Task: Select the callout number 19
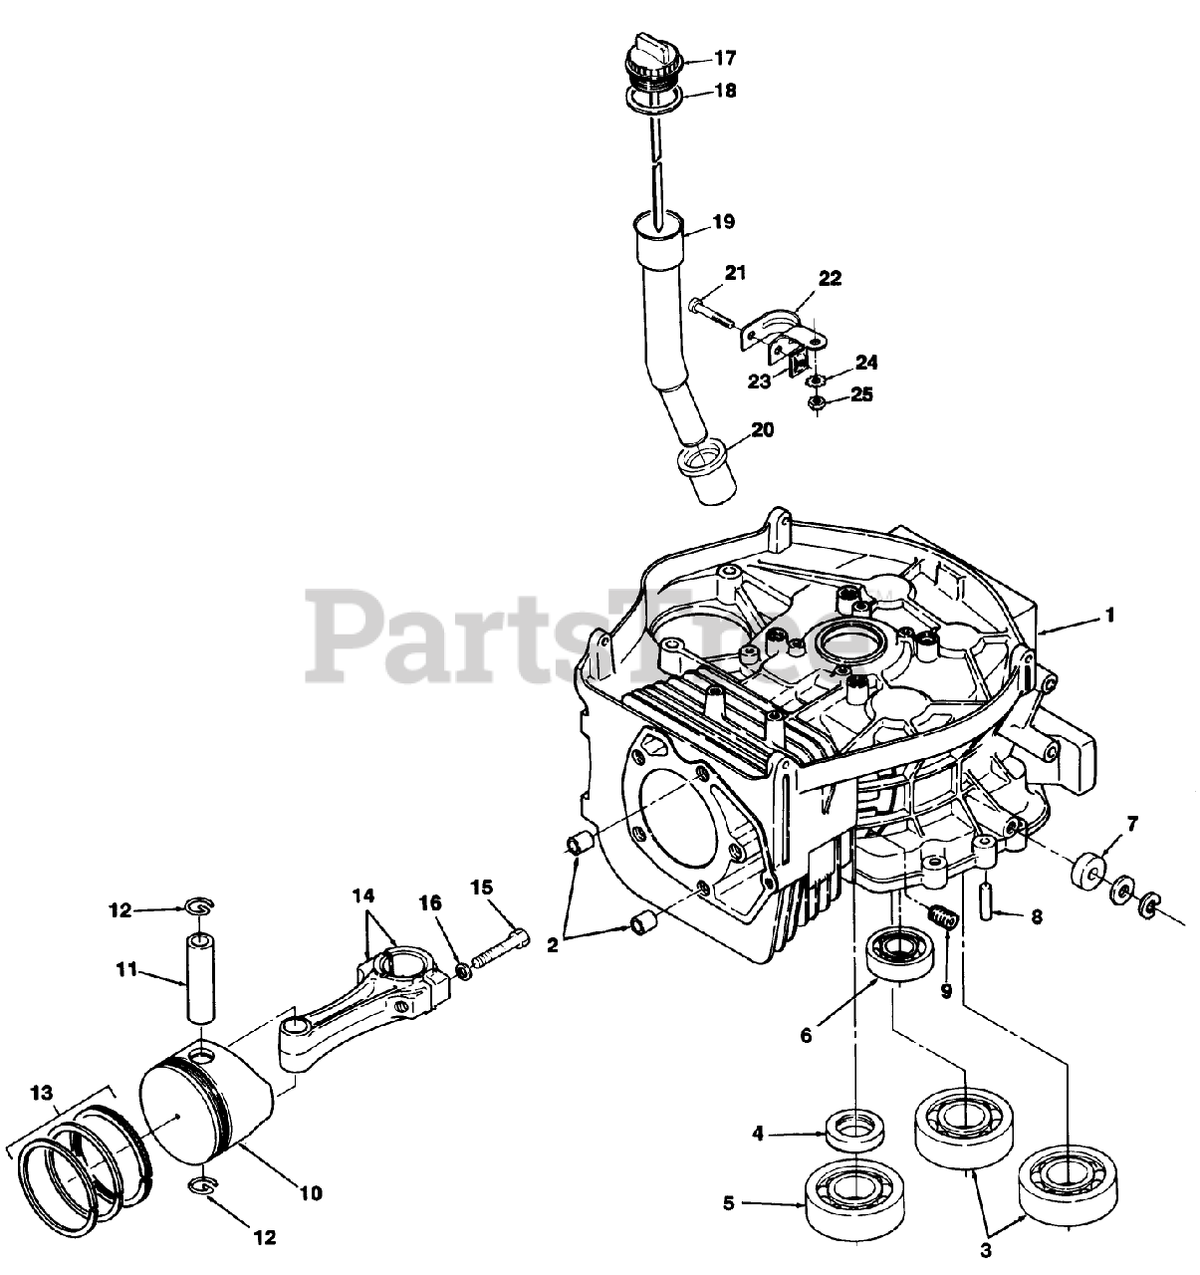724,221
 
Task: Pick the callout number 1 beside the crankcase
1108,616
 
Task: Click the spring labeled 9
941,915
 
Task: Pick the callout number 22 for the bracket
830,279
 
